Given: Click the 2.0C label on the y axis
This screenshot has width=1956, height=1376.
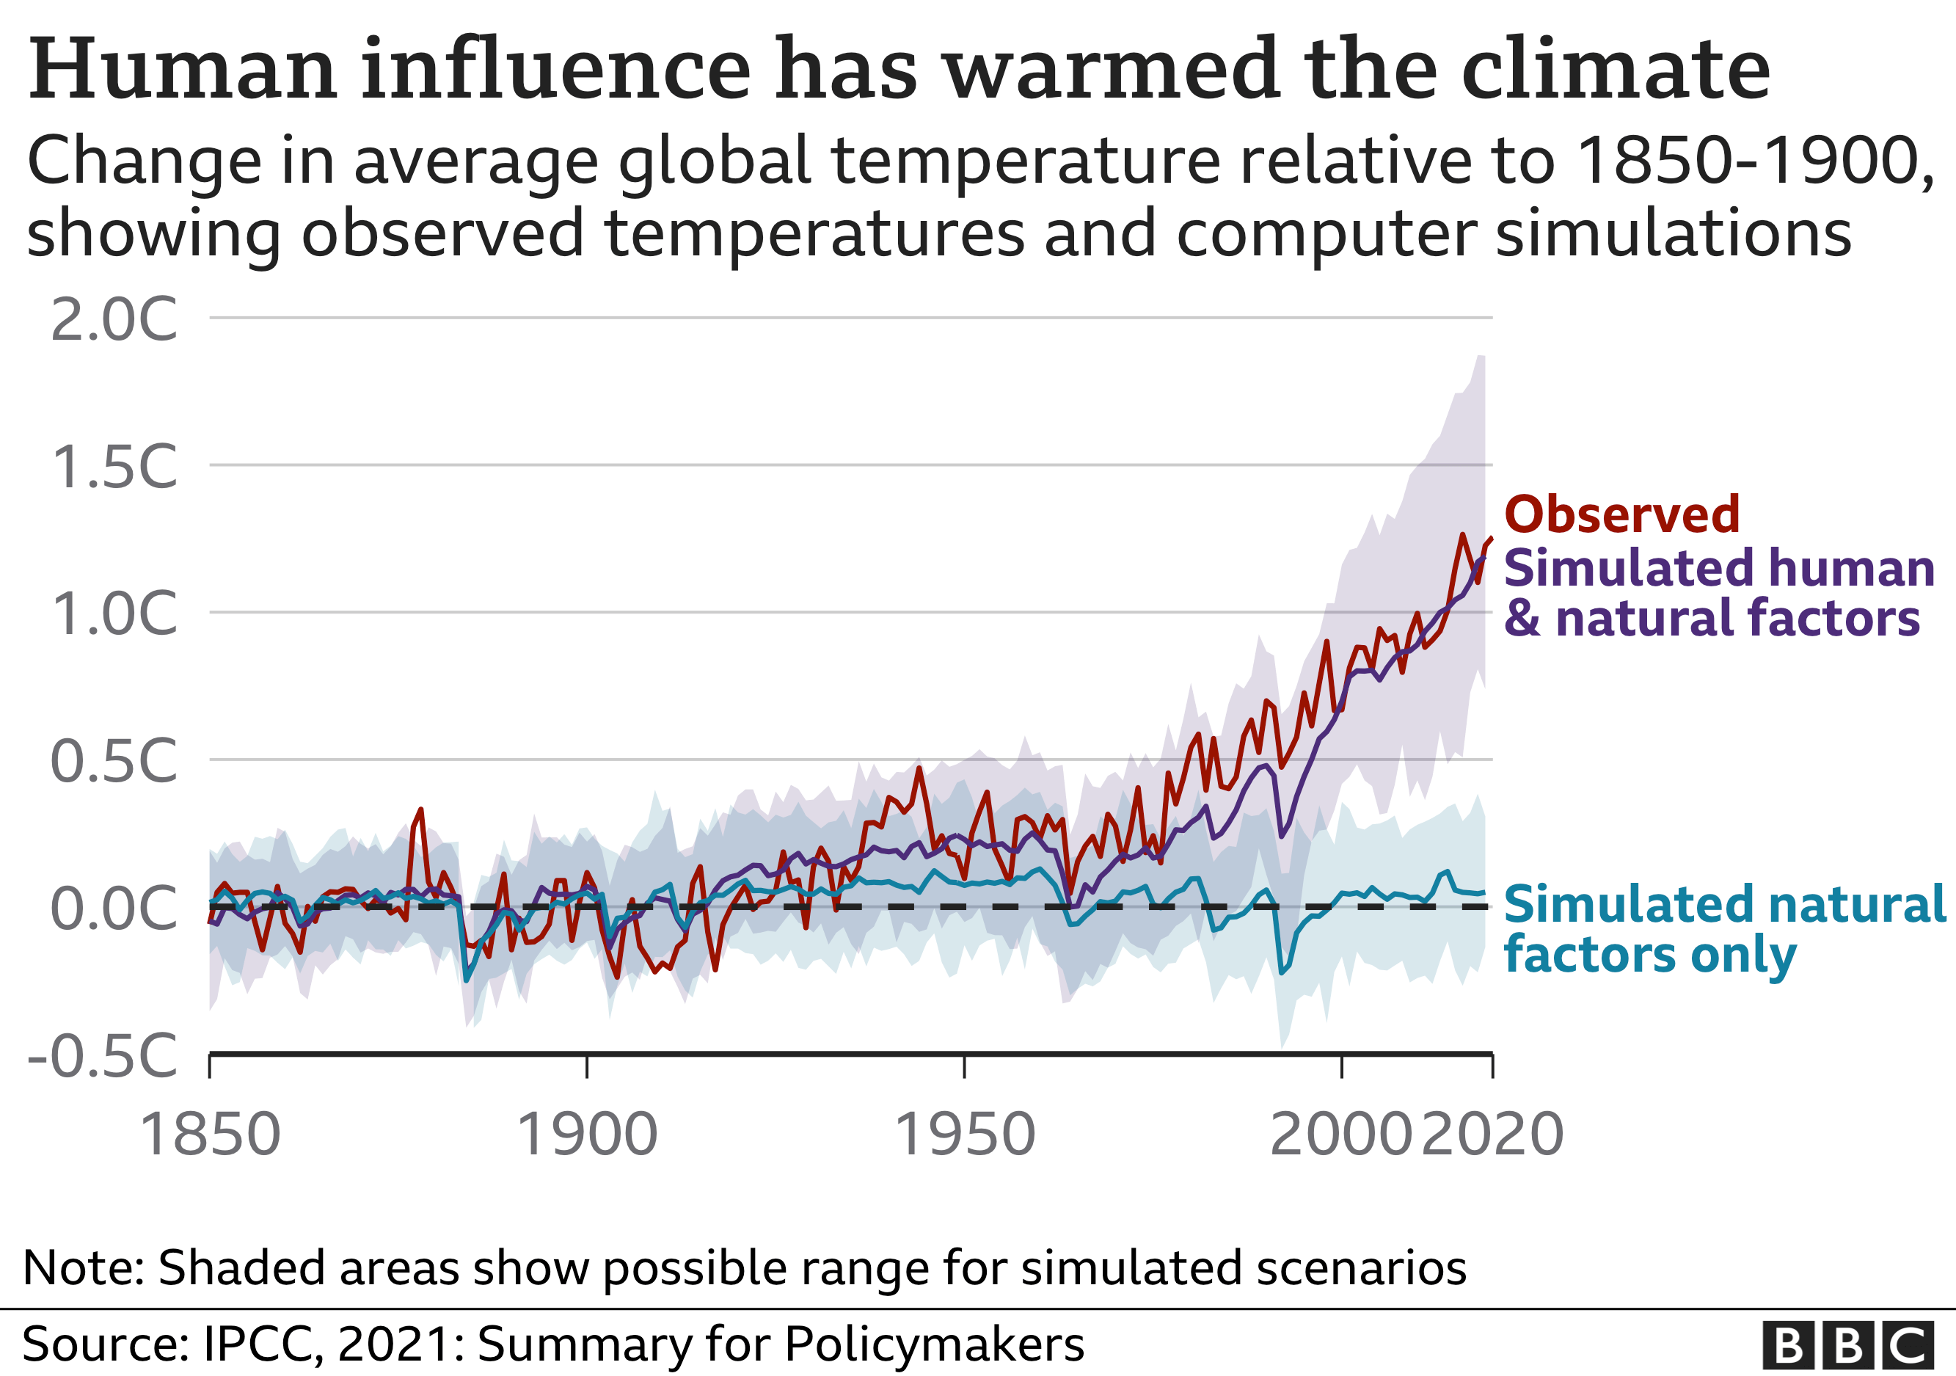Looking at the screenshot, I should coord(114,321).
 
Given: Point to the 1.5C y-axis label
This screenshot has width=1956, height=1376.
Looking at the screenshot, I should coord(114,467).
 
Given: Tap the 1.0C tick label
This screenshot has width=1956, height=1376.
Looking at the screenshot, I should coord(114,614).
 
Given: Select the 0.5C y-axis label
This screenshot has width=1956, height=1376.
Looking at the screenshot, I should coord(114,761).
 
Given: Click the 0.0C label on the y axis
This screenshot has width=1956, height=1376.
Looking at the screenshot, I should coord(114,909).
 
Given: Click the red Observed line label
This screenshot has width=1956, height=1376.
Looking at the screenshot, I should coord(1622,514).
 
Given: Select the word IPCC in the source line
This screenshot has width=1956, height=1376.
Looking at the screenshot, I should coord(260,1344).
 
